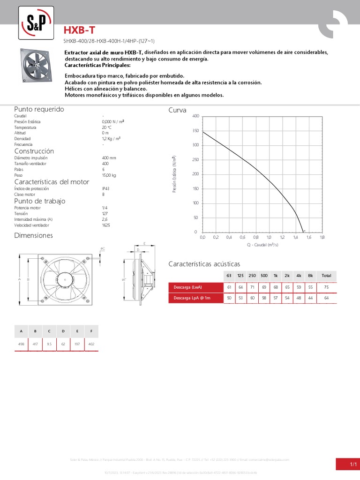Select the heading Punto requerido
point(39,109)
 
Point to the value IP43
point(105,188)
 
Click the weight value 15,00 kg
point(109,175)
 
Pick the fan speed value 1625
point(106,225)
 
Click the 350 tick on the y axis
point(195,131)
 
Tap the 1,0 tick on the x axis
point(269,238)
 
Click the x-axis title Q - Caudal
point(262,244)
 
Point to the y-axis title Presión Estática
point(174,174)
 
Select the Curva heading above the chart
point(177,110)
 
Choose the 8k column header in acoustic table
point(310,275)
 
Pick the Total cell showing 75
point(326,286)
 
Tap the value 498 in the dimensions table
point(21,344)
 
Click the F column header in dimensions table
point(91,331)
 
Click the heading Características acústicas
point(204,264)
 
